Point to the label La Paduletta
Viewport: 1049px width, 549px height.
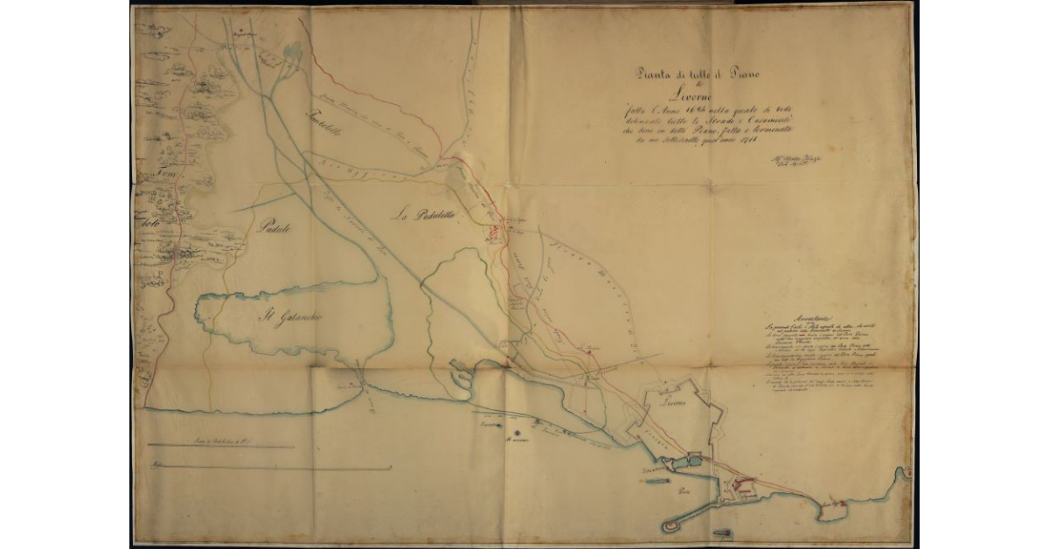tap(420, 213)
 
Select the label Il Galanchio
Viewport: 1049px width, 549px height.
tap(289, 317)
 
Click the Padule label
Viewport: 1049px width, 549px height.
tap(274, 227)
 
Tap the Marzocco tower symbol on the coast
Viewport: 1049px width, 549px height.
tap(516, 432)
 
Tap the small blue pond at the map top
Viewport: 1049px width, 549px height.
tap(292, 52)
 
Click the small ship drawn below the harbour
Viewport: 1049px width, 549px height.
tap(721, 531)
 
